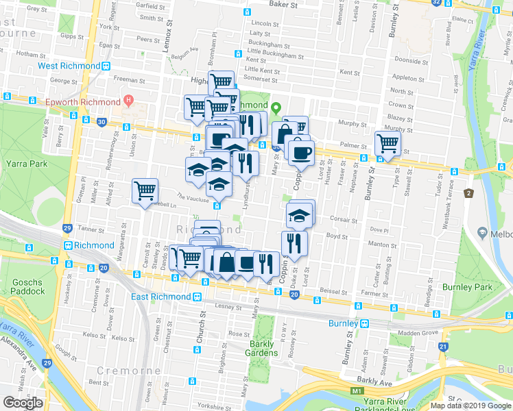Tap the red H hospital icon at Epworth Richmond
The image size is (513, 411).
click(x=128, y=102)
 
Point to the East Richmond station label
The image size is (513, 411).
click(x=160, y=297)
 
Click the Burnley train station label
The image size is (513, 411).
click(x=343, y=323)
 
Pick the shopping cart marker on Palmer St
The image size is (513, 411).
click(x=387, y=144)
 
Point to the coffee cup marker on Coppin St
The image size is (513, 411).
click(x=300, y=152)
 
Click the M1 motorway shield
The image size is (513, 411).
click(x=355, y=391)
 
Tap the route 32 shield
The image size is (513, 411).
click(x=437, y=3)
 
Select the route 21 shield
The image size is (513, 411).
click(x=444, y=347)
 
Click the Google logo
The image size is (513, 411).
click(x=23, y=402)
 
